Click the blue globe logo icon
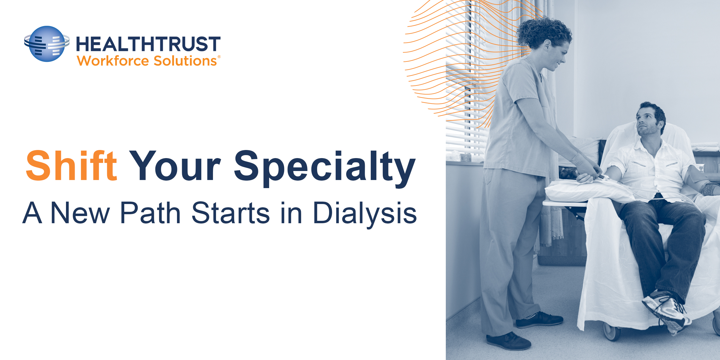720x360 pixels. pyautogui.click(x=47, y=44)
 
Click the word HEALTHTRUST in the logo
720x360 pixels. pyautogui.click(x=148, y=44)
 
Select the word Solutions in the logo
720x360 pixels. pyautogui.click(x=185, y=61)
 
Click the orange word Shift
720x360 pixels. pyautogui.click(x=71, y=166)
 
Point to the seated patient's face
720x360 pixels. pyautogui.click(x=648, y=120)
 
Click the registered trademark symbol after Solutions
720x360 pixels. pyautogui.click(x=219, y=57)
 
